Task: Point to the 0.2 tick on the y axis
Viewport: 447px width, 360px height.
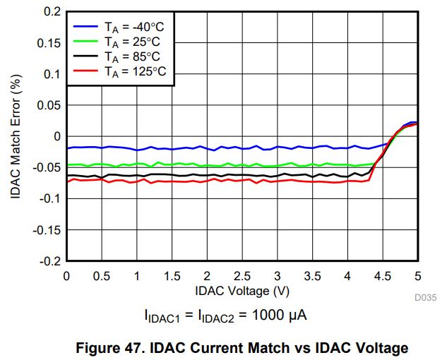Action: click(x=53, y=12)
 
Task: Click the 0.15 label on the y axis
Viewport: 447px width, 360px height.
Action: click(x=49, y=43)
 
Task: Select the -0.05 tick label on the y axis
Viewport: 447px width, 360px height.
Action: click(x=48, y=168)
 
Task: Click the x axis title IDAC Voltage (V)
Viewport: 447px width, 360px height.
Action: click(x=242, y=290)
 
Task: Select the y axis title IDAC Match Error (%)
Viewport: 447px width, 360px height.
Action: click(x=16, y=136)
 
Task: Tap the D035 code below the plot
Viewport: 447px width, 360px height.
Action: click(x=426, y=298)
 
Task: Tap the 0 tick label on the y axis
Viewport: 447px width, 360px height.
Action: click(x=58, y=136)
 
